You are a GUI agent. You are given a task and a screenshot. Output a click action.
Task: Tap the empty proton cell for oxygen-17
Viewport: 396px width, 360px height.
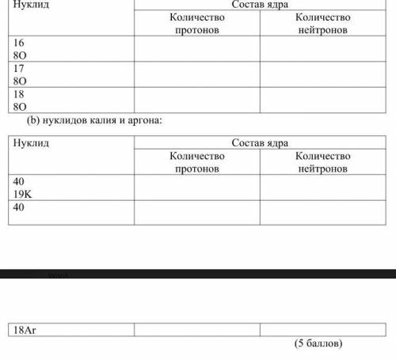point(196,74)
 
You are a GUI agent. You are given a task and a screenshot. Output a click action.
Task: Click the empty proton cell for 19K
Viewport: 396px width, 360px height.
point(196,187)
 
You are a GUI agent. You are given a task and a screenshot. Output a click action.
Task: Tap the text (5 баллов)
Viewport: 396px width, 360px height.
point(318,346)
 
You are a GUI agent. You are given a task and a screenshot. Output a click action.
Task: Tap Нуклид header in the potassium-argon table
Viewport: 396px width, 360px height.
point(32,142)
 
